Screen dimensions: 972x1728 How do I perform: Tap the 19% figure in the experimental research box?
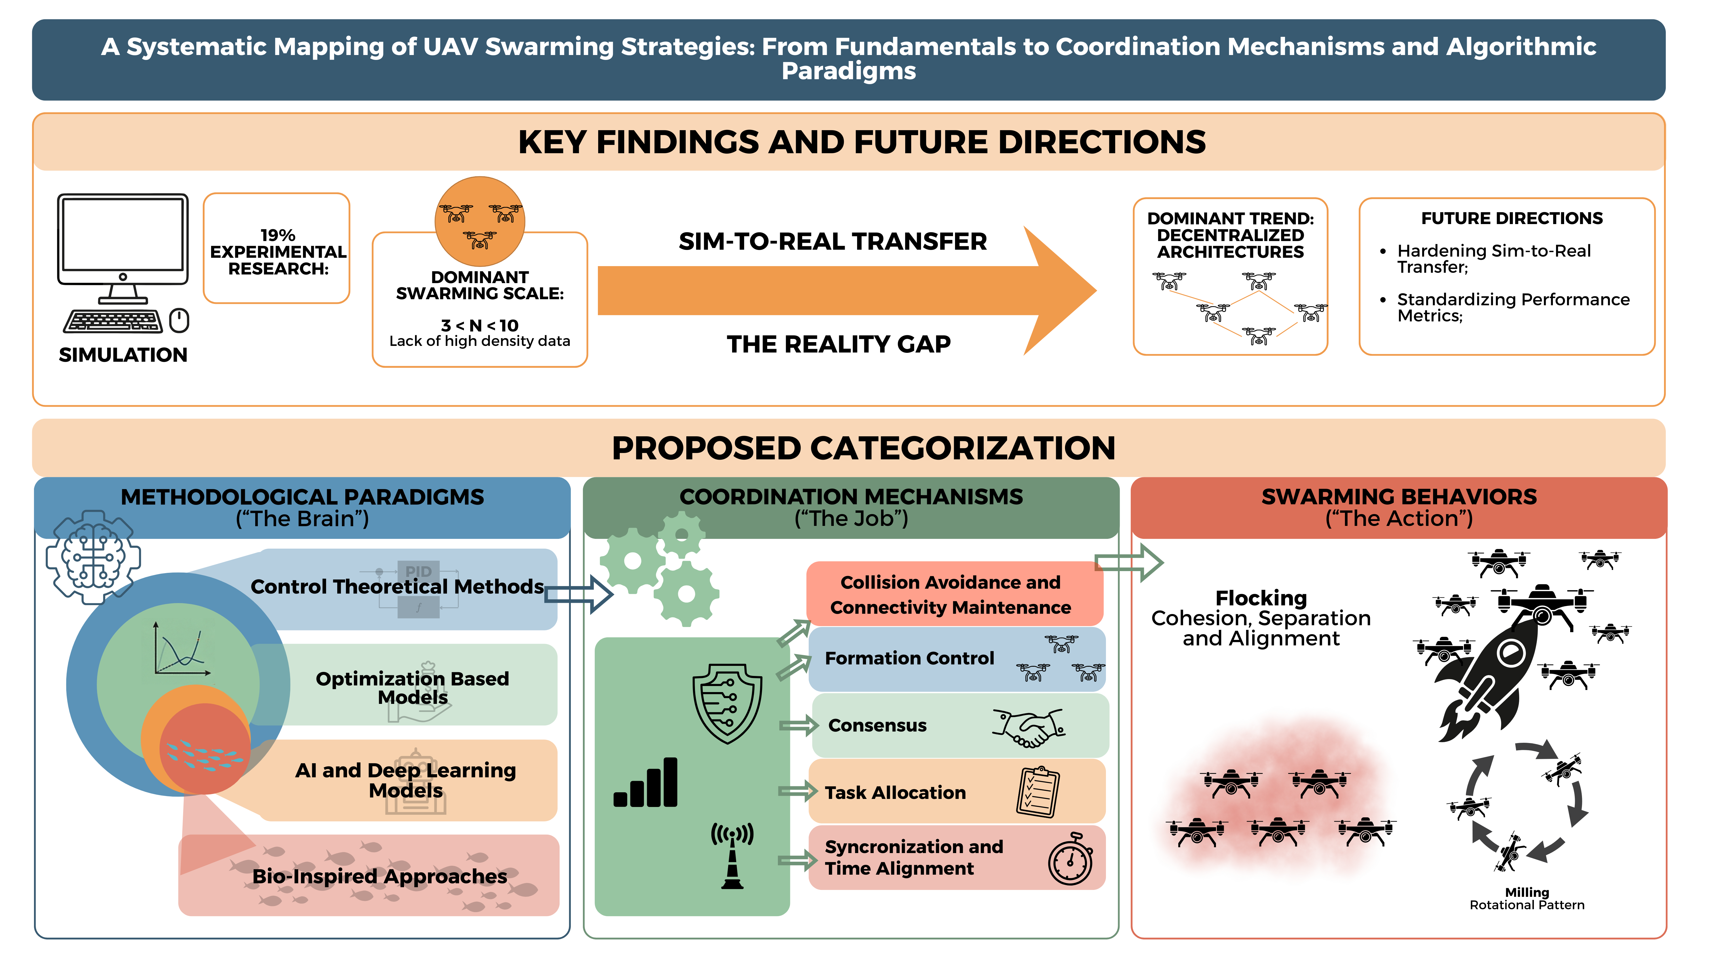pos(278,235)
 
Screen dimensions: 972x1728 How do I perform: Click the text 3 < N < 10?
pos(480,325)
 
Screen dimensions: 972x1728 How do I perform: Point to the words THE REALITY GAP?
pos(838,344)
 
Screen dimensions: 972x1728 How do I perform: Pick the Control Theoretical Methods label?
pos(397,587)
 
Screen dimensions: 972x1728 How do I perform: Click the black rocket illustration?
pos(1496,677)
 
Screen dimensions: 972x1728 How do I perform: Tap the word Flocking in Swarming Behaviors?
pos(1261,598)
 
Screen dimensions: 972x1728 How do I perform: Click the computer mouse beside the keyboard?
pos(179,321)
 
